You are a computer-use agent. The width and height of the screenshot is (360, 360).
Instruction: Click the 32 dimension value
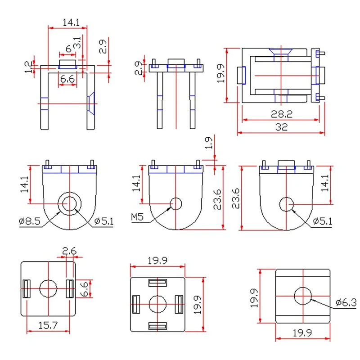[x=282, y=127]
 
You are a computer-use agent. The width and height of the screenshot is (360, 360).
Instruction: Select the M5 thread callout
[x=137, y=218]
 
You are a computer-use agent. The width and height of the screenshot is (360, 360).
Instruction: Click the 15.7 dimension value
[x=49, y=324]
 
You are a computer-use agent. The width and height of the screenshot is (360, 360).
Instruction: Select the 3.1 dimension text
[x=77, y=44]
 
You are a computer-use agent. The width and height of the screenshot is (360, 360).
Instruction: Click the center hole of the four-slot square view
[x=157, y=304]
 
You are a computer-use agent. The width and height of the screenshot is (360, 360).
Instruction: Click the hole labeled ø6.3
[x=303, y=296]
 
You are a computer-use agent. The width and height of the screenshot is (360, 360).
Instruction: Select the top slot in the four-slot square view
[x=157, y=283]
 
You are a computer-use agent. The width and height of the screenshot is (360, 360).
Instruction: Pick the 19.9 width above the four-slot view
[x=157, y=260]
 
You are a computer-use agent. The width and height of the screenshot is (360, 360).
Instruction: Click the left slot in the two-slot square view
[x=26, y=288]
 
